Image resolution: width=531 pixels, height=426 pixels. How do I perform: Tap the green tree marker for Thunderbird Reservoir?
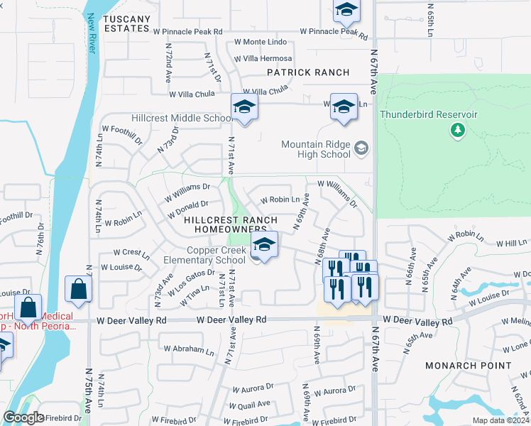click(458, 130)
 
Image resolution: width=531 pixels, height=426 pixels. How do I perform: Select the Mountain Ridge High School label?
click(316, 149)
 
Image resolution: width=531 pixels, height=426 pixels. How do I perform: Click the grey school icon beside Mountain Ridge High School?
click(361, 148)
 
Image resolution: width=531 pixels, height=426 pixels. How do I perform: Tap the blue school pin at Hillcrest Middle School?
click(244, 107)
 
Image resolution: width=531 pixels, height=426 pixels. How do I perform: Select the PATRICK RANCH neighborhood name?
click(308, 72)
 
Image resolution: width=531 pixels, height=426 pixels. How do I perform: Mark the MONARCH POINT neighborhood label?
click(468, 366)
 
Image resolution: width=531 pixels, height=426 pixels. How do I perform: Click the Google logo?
click(23, 417)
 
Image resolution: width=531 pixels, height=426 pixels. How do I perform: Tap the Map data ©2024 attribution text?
click(500, 420)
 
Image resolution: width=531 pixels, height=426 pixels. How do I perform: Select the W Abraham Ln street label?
click(189, 350)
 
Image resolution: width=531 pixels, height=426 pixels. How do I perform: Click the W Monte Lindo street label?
click(264, 43)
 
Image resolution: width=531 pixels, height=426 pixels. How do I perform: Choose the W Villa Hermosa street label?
click(263, 58)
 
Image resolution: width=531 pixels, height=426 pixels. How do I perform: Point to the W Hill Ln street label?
click(511, 243)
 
